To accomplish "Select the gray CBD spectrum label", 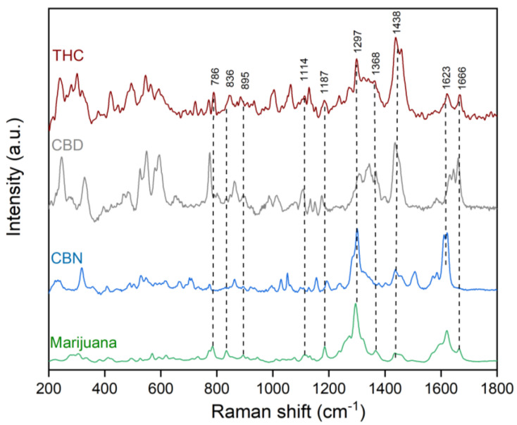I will [67, 145].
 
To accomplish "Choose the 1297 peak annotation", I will [356, 44].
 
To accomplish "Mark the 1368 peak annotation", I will [376, 66].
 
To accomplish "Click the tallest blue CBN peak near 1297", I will [357, 230].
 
